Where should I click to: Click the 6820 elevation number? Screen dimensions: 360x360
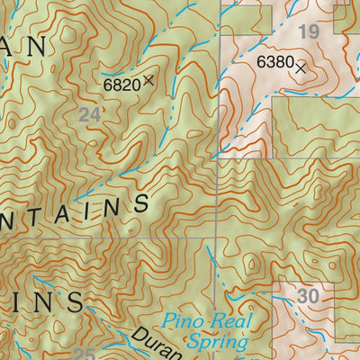point(121,84)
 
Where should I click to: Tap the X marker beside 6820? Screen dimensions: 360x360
point(148,80)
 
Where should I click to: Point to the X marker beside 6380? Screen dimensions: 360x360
point(301,66)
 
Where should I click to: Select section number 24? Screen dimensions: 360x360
point(88,114)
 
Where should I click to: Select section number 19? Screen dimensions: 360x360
point(309,33)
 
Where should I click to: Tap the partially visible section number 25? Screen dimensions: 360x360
point(85,354)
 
